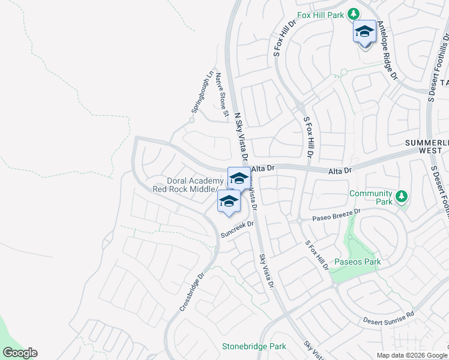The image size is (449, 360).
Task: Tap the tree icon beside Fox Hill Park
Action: [x=354, y=13]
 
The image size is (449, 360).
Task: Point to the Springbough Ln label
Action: [x=202, y=93]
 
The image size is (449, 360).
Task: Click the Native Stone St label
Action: [x=223, y=94]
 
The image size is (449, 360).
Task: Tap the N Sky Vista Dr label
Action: [x=240, y=135]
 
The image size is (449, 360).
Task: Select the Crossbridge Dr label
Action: [x=192, y=292]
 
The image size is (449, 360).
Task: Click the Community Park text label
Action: [x=370, y=197]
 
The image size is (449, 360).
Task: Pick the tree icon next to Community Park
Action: [x=402, y=196]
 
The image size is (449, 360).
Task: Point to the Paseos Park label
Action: [x=357, y=262]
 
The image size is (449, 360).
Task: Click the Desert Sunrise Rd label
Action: [x=388, y=318]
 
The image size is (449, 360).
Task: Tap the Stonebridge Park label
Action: [x=253, y=346]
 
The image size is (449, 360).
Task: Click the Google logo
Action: [x=20, y=353]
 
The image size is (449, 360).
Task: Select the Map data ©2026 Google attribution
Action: [x=411, y=355]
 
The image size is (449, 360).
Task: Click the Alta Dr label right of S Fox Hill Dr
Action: [x=339, y=171]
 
